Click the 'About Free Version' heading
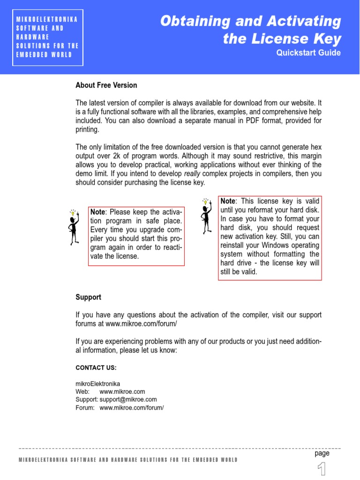(x=106, y=85)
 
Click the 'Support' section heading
(x=88, y=297)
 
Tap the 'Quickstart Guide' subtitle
(x=308, y=52)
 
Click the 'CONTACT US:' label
(x=96, y=368)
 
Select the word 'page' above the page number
(x=322, y=453)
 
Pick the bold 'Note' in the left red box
(x=98, y=212)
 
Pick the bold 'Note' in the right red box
(x=228, y=201)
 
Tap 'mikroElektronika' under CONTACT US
(x=97, y=383)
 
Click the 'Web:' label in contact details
(x=82, y=391)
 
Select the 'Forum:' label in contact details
(x=85, y=407)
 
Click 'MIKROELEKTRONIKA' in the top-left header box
(x=46, y=19)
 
